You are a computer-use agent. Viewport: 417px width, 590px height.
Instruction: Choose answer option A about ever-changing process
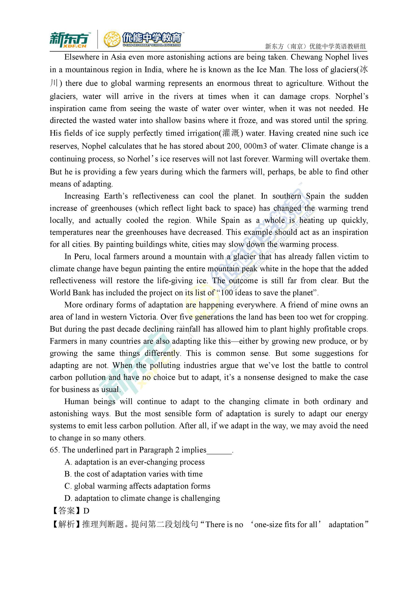click(135, 462)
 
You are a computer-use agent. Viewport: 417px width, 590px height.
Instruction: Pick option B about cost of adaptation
click(133, 474)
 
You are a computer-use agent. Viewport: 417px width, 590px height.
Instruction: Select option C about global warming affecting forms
click(137, 486)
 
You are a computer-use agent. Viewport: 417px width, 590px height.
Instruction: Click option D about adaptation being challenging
click(142, 498)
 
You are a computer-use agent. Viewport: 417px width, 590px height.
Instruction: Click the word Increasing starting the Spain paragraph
click(82, 196)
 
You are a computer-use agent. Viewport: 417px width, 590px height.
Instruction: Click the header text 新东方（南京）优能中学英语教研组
click(315, 47)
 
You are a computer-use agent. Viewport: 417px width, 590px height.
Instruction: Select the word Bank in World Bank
click(82, 293)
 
